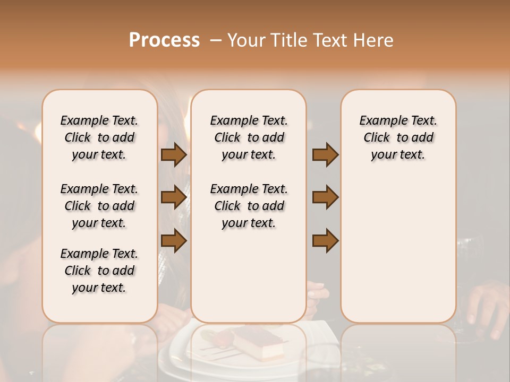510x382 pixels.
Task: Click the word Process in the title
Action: coord(164,40)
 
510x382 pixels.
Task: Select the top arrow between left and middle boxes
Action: coord(174,155)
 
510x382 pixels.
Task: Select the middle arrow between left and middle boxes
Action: coord(174,197)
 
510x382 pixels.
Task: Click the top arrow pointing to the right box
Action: coord(325,155)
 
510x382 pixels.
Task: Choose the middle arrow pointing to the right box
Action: coord(325,197)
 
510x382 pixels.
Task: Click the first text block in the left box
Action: coord(99,137)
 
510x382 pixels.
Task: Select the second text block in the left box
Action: coord(99,206)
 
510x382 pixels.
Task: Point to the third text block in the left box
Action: coord(99,271)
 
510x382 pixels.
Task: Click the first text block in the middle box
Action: coord(249,137)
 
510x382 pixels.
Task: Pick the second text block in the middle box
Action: coord(249,206)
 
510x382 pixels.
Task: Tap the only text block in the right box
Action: coord(398,137)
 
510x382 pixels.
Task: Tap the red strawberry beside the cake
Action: coord(223,336)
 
